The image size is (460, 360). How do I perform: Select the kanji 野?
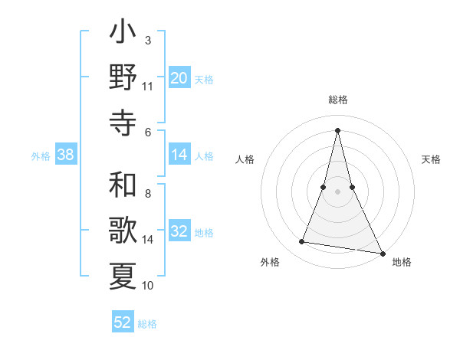(123, 79)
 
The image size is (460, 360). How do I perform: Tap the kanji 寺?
(123, 123)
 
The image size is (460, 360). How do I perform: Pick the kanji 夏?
(123, 275)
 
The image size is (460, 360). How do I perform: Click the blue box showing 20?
(179, 78)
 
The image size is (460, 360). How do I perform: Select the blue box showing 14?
(179, 155)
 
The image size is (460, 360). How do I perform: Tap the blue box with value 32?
(179, 232)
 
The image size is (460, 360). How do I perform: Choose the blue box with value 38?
(66, 155)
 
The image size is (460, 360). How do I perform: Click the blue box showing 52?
(123, 322)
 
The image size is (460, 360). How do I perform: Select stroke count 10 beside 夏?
(148, 286)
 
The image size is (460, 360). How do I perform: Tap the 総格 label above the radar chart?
(338, 100)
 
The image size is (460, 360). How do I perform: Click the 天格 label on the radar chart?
(432, 159)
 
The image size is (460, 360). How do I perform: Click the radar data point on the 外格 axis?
(302, 242)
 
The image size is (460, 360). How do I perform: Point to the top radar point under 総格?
(338, 129)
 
